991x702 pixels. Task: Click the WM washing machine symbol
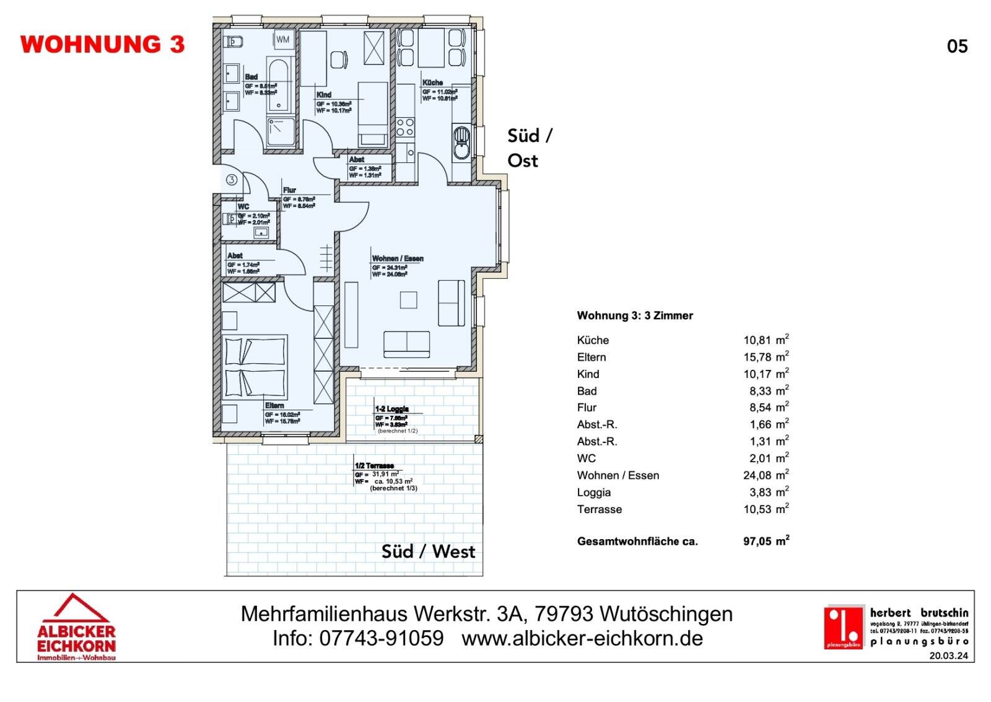[x=282, y=40]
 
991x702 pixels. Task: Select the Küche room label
[x=432, y=82]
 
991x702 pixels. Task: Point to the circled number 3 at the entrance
[x=231, y=180]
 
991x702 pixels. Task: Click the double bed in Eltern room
[x=255, y=367]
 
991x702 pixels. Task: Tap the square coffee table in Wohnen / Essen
[x=408, y=300]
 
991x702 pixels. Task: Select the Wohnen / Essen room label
[x=398, y=258]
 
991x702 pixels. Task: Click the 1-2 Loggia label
[x=391, y=409]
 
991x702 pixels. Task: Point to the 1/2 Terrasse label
[x=374, y=465]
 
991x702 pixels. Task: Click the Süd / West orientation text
[x=428, y=551]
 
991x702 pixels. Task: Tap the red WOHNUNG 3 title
[x=102, y=45]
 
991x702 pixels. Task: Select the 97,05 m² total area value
[x=766, y=541]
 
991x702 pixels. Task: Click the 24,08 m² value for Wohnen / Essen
[x=766, y=475]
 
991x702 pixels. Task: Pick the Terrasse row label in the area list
[x=599, y=509]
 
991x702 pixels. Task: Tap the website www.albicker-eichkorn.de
[x=582, y=638]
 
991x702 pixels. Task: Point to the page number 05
[x=957, y=46]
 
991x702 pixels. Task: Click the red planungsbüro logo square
[x=843, y=627]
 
